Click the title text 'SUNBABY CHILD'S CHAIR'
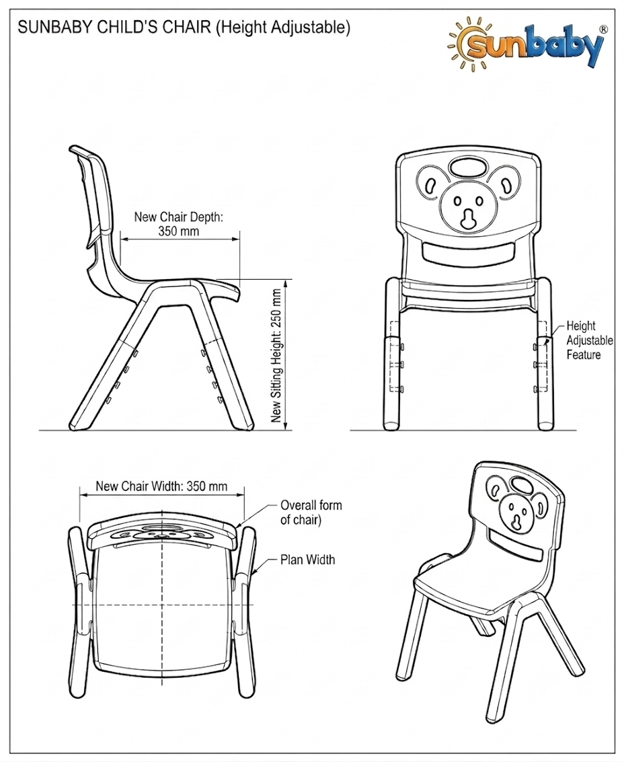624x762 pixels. (x=114, y=27)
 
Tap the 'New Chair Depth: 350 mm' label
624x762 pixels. (x=178, y=223)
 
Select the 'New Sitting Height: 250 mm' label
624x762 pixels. (x=276, y=356)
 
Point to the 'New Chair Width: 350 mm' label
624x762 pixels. (x=161, y=486)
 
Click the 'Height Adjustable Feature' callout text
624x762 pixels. (x=590, y=340)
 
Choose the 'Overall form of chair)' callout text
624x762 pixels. (x=311, y=512)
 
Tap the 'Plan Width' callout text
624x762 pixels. (x=307, y=560)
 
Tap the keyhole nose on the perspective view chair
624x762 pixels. (x=514, y=521)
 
